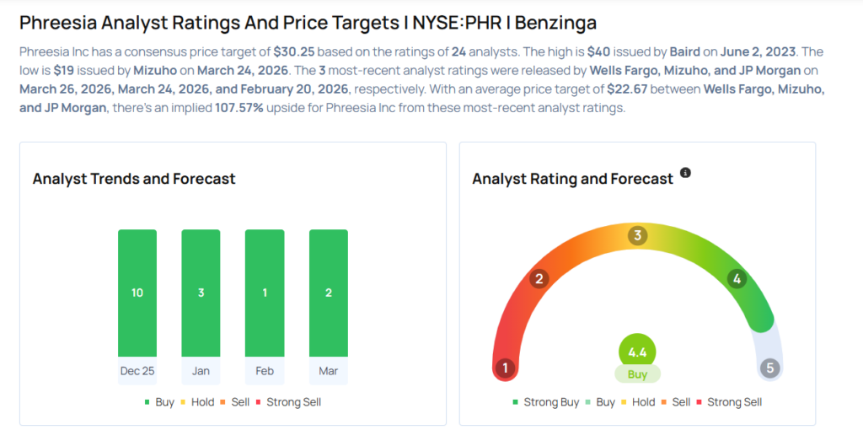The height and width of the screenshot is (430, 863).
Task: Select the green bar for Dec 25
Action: [x=137, y=293]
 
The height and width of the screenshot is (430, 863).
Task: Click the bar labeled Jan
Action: [x=201, y=293]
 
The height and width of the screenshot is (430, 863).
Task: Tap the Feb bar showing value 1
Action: [x=264, y=293]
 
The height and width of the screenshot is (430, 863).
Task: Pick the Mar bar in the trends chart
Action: [x=328, y=293]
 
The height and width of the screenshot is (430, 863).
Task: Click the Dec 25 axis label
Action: [x=137, y=370]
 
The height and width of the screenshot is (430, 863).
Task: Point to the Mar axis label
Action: [x=328, y=370]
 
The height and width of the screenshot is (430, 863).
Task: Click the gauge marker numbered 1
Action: [x=506, y=368]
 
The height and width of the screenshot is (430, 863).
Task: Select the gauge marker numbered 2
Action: [x=539, y=279]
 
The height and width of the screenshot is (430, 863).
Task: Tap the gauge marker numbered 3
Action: [x=638, y=236]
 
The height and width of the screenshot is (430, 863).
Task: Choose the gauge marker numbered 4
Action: [x=737, y=279]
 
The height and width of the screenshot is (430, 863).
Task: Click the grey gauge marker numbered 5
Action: [x=769, y=368]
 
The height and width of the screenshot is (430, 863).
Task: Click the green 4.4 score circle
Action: [x=637, y=351]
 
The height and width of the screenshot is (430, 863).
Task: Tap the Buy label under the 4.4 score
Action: [x=637, y=373]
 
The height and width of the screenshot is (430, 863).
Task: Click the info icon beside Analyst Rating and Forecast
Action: [x=685, y=173]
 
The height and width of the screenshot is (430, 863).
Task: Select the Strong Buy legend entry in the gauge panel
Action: [x=545, y=402]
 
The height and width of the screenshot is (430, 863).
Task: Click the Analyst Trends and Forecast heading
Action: [x=134, y=179]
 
